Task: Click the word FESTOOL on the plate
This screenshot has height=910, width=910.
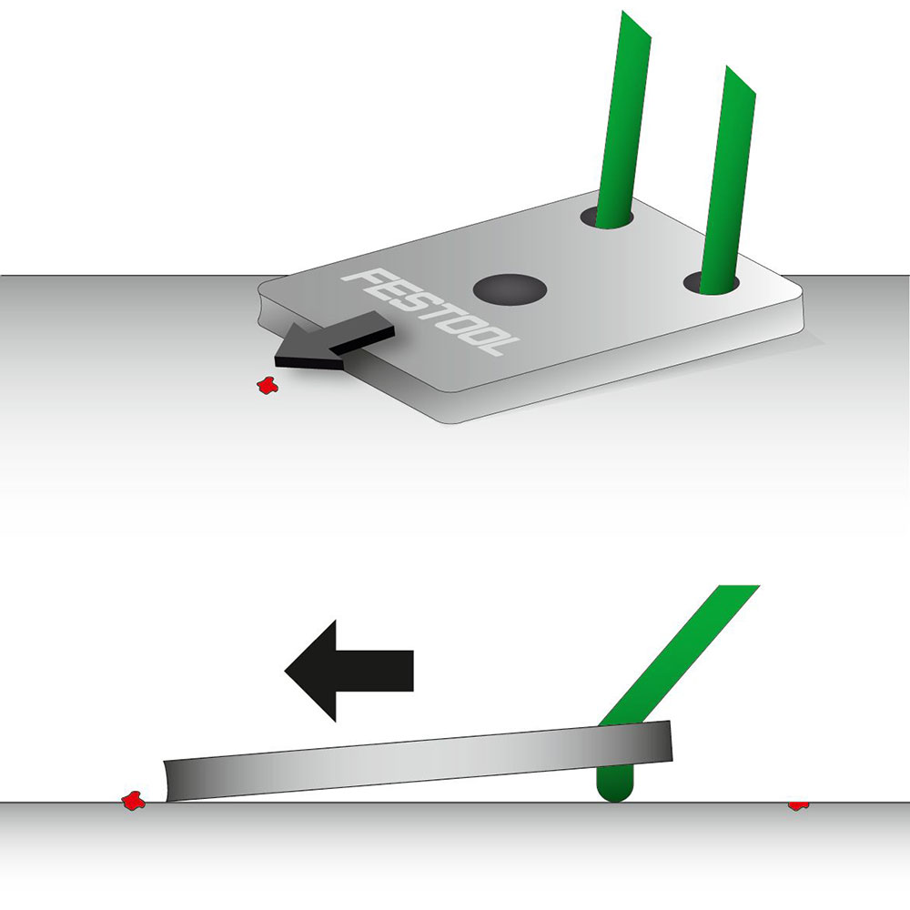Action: (430, 310)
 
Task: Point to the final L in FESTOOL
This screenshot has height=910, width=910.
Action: (502, 345)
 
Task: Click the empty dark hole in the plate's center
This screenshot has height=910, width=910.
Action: (511, 289)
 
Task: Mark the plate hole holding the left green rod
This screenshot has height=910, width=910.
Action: (606, 217)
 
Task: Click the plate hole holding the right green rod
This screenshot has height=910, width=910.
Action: (711, 283)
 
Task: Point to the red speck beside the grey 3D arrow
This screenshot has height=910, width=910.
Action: (268, 385)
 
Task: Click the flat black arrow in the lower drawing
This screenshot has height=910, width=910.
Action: (349, 671)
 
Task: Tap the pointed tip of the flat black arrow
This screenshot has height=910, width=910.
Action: (285, 671)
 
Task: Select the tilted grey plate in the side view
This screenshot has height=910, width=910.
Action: (418, 761)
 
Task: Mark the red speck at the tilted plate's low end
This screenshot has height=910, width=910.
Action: (133, 801)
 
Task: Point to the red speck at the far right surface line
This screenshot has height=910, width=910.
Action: (799, 805)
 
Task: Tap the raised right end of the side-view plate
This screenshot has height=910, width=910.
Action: (671, 741)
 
